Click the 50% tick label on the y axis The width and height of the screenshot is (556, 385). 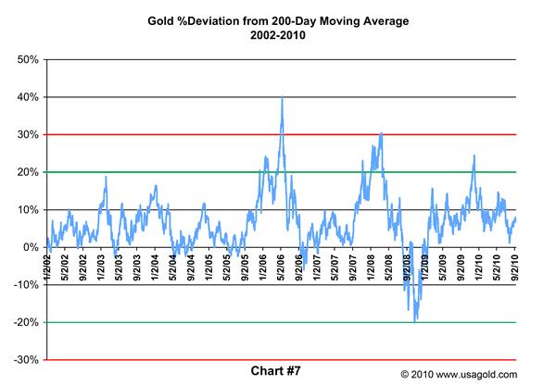[x=25, y=59]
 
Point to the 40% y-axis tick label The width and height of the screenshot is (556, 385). [x=25, y=97]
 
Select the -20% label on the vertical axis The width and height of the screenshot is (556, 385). [x=24, y=323]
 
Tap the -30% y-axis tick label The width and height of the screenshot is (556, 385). [x=24, y=360]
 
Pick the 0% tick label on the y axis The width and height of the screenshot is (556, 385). [x=29, y=247]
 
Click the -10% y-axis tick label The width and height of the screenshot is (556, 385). [x=24, y=285]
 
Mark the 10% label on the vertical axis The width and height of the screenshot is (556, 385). [x=25, y=210]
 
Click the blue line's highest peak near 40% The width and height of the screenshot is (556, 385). [x=282, y=97]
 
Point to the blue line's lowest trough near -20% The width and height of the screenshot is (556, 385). [x=416, y=320]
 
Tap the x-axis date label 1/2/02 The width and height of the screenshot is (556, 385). [x=47, y=262]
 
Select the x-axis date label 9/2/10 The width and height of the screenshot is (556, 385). [x=514, y=262]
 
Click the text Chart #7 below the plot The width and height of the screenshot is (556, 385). [x=278, y=371]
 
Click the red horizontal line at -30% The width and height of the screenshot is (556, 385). [x=278, y=360]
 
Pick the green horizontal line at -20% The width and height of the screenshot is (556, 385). [x=278, y=322]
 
